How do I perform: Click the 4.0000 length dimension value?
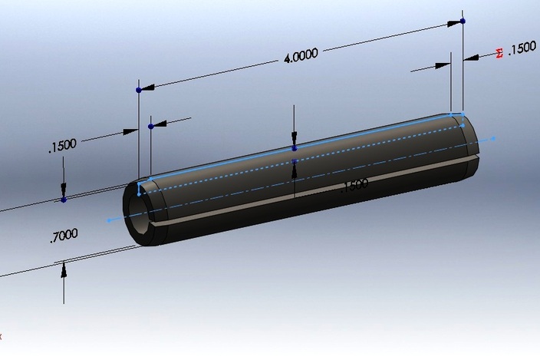[x=300, y=55]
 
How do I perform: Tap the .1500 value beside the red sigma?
[x=522, y=48]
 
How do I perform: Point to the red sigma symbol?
[x=500, y=53]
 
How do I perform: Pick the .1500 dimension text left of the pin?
[x=62, y=146]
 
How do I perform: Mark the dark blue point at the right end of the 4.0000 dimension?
[x=463, y=21]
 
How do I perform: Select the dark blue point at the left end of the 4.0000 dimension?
[x=138, y=90]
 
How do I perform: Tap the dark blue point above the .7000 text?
[x=64, y=200]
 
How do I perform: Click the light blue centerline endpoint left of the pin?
[x=109, y=220]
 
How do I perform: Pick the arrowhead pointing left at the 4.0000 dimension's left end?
[x=146, y=88]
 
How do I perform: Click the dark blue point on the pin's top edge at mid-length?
[x=295, y=148]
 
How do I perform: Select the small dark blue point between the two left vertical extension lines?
[x=151, y=125]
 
